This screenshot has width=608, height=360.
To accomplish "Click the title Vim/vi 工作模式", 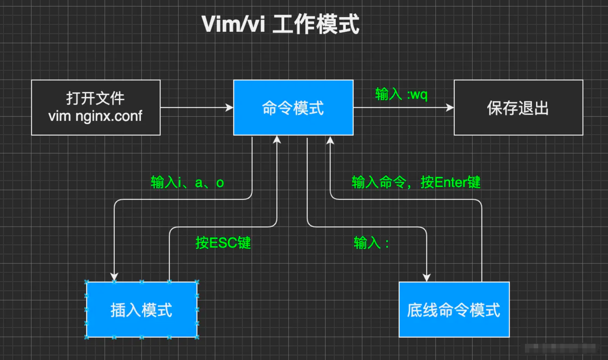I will click(280, 24).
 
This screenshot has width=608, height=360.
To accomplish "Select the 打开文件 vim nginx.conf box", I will click(96, 107).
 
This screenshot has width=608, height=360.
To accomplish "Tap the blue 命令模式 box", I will click(293, 108).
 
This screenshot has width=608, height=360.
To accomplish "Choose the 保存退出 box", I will click(518, 108).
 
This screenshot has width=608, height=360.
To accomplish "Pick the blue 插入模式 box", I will click(142, 310).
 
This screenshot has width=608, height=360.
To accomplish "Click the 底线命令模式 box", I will click(454, 310).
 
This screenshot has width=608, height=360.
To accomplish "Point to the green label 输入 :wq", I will click(401, 94).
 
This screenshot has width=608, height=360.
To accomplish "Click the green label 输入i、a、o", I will click(187, 182).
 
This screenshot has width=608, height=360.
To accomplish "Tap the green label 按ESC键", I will click(223, 243).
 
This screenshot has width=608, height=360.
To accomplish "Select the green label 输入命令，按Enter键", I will click(416, 182).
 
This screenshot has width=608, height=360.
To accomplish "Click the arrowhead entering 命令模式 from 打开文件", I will click(230, 108).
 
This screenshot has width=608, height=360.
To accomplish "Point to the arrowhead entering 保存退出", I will click(450, 108).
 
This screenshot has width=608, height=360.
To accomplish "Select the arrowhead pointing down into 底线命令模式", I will click(426, 277).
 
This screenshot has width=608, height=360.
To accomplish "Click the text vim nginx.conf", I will click(95, 116).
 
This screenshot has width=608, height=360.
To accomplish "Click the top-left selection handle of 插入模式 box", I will click(87, 282).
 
